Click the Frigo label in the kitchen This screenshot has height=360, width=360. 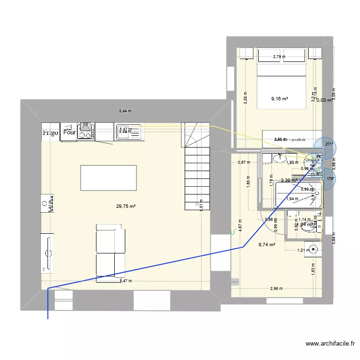tap(50, 132)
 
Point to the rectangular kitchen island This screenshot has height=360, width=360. tap(108, 178)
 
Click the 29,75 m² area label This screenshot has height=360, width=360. tap(126, 206)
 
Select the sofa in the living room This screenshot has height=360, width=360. tap(110, 252)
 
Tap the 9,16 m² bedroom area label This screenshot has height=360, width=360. tap(279, 99)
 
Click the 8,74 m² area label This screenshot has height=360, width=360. tap(267, 244)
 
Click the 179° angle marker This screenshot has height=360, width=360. tap(330, 179)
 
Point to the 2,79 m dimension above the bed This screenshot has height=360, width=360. tap(279, 57)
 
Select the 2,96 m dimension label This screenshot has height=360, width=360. tap(276, 288)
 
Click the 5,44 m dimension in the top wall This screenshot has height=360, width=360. tap(125, 111)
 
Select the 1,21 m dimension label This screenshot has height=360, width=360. tap(301, 250)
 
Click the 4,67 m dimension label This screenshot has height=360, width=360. tap(240, 225)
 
